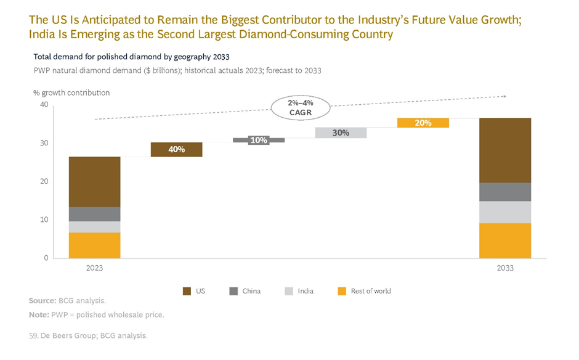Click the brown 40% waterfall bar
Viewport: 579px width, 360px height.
pos(177,149)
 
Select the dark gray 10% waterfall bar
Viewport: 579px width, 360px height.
pos(259,141)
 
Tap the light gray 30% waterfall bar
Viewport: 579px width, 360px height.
pos(341,133)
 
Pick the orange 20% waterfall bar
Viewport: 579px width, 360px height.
pos(423,123)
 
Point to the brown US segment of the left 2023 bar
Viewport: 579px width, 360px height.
pos(94,182)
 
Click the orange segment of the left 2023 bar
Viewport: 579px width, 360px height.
pos(94,245)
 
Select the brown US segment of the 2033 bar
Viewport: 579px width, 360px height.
pos(505,150)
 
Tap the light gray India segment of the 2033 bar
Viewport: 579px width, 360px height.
pos(505,211)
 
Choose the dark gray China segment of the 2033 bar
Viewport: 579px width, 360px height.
pos(505,192)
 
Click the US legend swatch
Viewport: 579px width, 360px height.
pos(187,291)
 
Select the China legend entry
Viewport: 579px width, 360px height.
pos(245,291)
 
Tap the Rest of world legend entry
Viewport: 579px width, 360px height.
pos(364,291)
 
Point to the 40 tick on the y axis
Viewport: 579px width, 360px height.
pos(44,105)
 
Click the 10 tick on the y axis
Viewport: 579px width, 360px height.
pos(44,219)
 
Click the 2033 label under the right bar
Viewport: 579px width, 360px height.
pos(505,268)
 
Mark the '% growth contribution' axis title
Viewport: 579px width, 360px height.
pos(71,92)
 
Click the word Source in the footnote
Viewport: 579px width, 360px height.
pos(42,301)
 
